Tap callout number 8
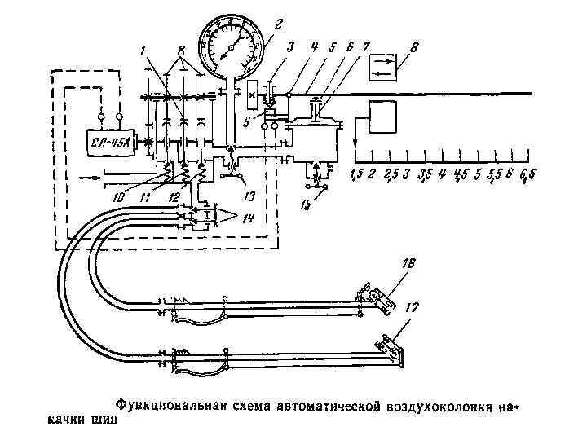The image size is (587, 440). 415,48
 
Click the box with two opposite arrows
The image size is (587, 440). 383,65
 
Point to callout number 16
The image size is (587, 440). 408,263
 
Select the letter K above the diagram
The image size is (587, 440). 180,51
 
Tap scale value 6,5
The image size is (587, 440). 527,174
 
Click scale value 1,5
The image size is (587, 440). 355,174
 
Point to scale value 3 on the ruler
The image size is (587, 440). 405,174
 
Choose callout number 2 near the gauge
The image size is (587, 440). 278,25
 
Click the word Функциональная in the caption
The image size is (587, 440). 168,405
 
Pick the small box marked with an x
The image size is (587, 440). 252,95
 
